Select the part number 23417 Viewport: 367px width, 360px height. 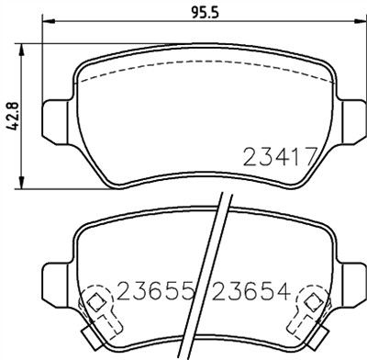(x=280, y=157)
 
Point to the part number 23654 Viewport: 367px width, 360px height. (x=251, y=294)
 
